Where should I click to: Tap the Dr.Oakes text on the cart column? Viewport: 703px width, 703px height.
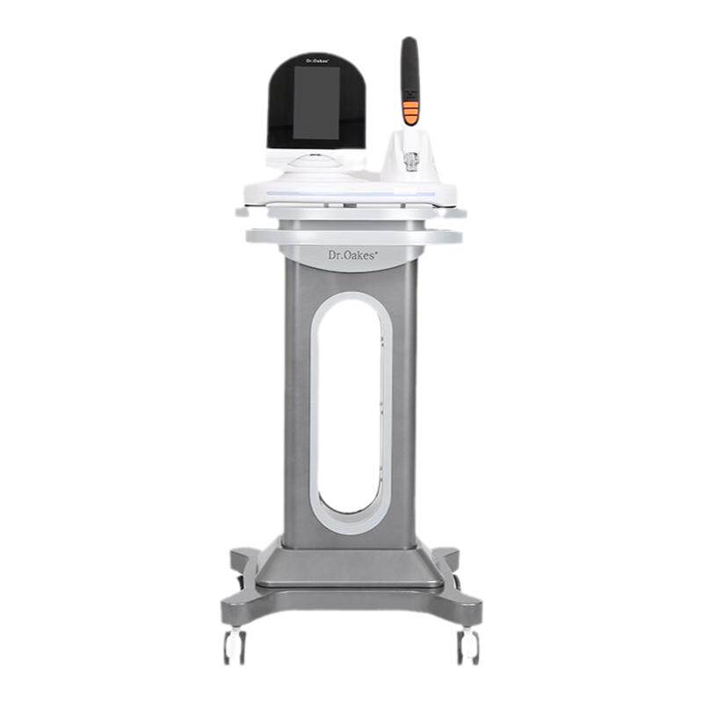click(352, 255)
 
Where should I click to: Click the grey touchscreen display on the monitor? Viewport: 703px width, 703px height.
click(315, 103)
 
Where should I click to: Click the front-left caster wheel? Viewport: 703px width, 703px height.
click(235, 646)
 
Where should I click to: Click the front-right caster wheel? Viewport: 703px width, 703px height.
click(468, 646)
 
